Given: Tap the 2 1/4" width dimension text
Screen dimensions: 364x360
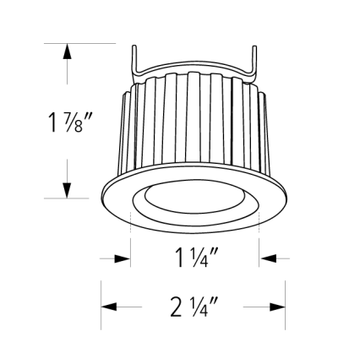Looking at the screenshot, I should click(194, 307).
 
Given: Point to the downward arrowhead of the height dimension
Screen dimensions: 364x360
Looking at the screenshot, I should click(67, 191).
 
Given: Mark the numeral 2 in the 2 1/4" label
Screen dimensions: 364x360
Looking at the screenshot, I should click(176, 307).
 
